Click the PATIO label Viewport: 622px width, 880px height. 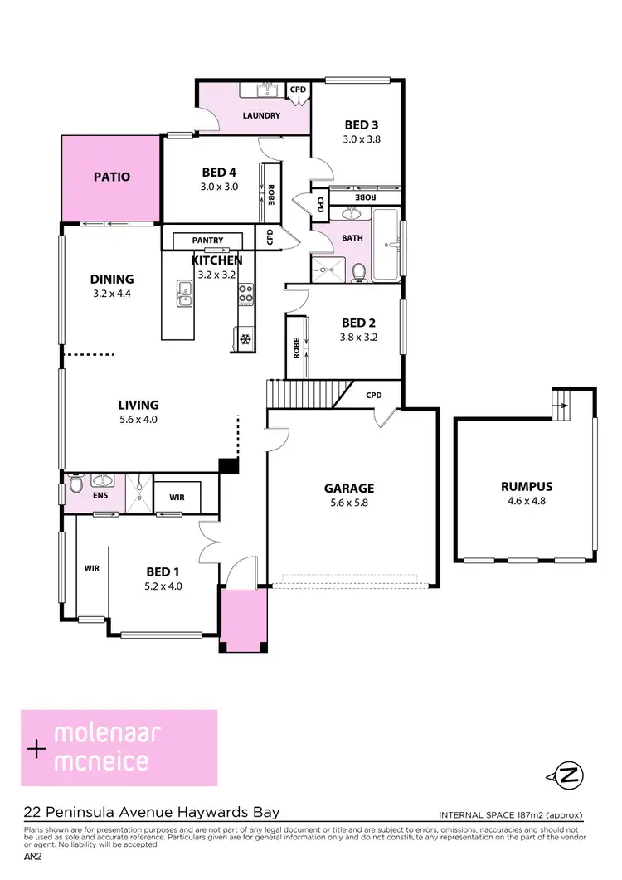coord(111,177)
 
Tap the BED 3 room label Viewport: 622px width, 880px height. coord(362,125)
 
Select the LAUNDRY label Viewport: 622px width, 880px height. coord(260,116)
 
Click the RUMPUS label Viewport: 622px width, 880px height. coord(526,486)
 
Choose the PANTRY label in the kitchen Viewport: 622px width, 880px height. coord(207,241)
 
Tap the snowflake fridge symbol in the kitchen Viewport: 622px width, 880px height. coord(245,338)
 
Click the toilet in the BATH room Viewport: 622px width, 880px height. coord(358,271)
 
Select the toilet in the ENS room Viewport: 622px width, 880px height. coord(76,482)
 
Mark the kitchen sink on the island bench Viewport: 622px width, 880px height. coord(184,292)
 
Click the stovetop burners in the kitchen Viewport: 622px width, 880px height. coord(246,292)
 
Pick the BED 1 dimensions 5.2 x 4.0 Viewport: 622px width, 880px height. coord(163,586)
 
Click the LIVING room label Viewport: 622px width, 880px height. coord(138,405)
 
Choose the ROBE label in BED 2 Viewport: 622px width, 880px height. coord(296,348)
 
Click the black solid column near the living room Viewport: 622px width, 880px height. coord(227,464)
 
